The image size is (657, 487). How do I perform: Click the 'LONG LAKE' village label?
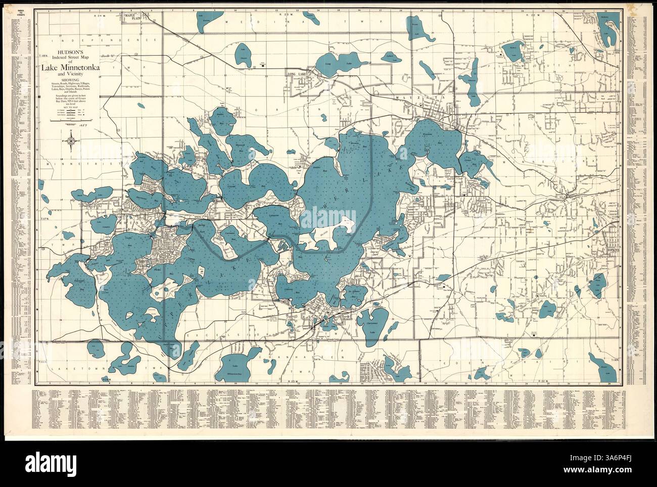point(298,75)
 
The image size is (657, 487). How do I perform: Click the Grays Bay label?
point(473,162)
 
